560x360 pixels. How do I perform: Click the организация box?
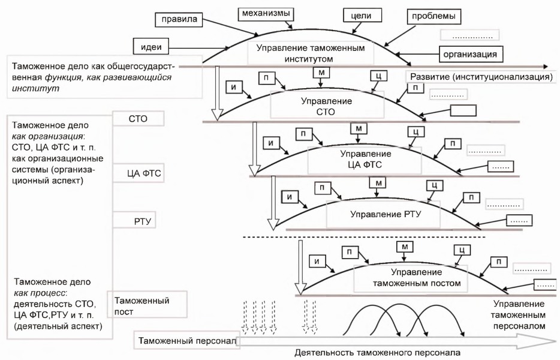[x=470, y=54]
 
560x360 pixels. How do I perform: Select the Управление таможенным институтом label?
[x=310, y=53]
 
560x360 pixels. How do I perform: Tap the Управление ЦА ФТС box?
[x=360, y=160]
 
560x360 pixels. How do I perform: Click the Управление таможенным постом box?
[x=409, y=277]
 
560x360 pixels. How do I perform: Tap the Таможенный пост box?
[x=147, y=306]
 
